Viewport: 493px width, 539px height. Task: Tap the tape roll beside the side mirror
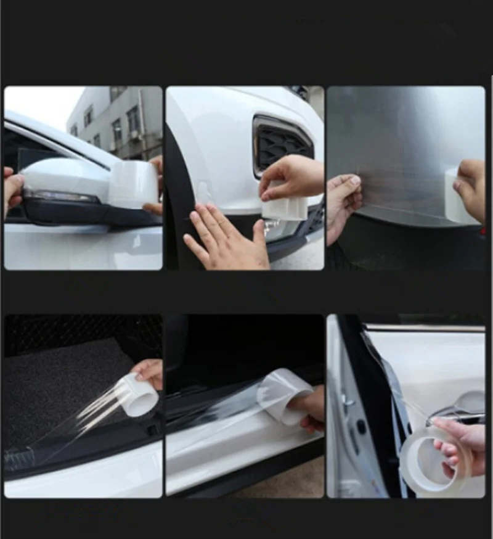click(x=133, y=184)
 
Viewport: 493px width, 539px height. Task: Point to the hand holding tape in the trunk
click(x=149, y=372)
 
